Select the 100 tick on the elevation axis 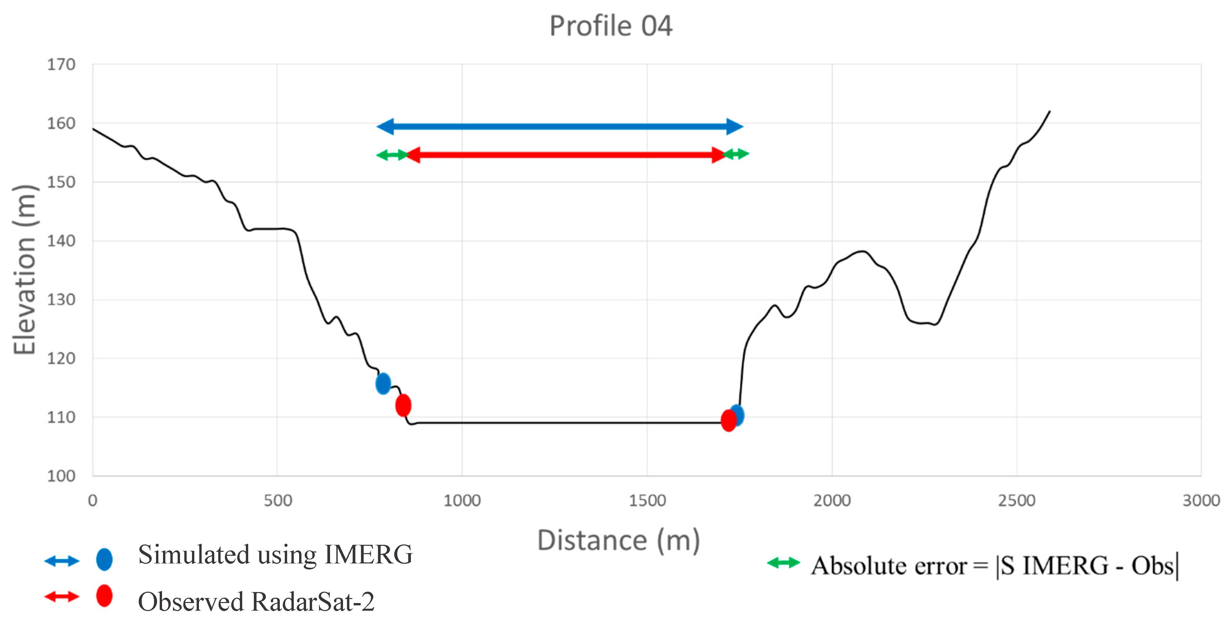pos(61,476)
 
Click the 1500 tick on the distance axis pos(647,501)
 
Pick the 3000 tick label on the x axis pos(1201,501)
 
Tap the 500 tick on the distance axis pos(277,501)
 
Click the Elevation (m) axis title pos(25,270)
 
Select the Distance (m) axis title pos(618,541)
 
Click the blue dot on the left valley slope pos(383,383)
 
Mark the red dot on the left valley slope pos(403,405)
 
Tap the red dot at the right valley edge pos(728,421)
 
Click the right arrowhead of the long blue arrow pos(735,126)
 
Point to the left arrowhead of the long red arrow pos(413,154)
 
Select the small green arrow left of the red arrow pos(392,154)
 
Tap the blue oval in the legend pos(104,559)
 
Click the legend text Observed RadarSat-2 pos(256,601)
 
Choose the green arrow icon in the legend pos(783,563)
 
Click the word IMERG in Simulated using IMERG pos(368,555)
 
